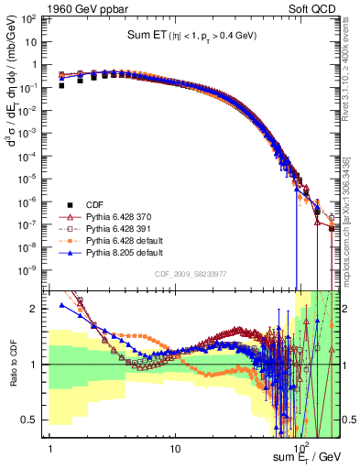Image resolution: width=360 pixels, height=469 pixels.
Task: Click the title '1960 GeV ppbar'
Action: pyautogui.click(x=87, y=8)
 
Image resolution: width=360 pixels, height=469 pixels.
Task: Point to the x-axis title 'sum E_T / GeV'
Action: pyautogui.click(x=307, y=456)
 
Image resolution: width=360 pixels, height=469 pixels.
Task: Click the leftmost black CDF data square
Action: pyautogui.click(x=61, y=85)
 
